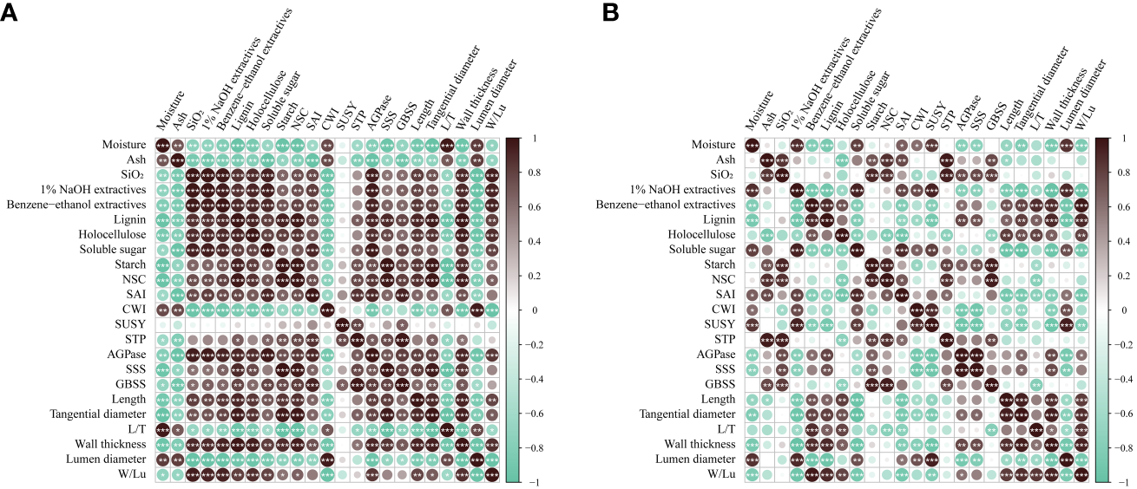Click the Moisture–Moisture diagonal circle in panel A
pyautogui.click(x=161, y=145)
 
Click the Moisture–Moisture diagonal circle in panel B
pyautogui.click(x=752, y=145)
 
